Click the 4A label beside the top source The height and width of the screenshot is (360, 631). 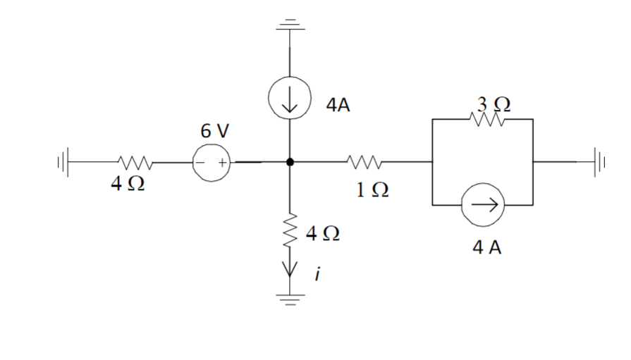tap(339, 106)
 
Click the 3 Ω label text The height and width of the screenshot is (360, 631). tap(492, 104)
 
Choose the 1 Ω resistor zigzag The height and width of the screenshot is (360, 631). tap(364, 162)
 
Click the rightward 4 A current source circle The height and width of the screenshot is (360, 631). tap(482, 205)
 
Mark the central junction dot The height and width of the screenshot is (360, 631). tap(290, 162)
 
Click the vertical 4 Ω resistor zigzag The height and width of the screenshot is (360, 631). tap(290, 230)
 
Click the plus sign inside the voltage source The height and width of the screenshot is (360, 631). tap(221, 162)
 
